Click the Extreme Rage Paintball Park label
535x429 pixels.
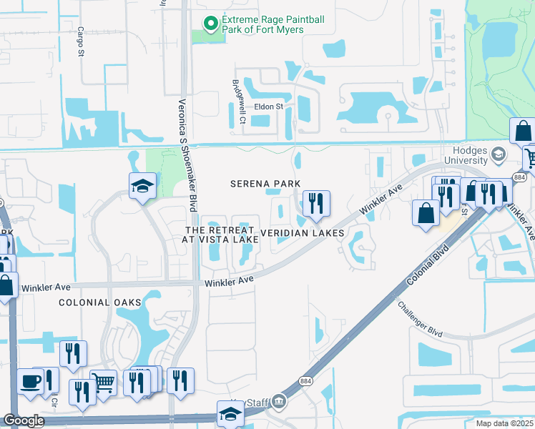[x=263, y=24]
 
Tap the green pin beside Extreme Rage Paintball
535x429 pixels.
[x=210, y=24]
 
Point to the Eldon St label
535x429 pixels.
[x=270, y=107]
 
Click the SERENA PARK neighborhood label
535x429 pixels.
[x=265, y=184]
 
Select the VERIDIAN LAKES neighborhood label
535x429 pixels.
[x=303, y=233]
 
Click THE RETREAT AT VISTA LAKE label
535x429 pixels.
[x=221, y=235]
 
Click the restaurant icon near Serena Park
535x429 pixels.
[x=315, y=203]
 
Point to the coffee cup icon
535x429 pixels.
[x=30, y=382]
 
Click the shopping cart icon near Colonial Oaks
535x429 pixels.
[x=104, y=384]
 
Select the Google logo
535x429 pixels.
[x=24, y=420]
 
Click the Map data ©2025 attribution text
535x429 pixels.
[x=504, y=423]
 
